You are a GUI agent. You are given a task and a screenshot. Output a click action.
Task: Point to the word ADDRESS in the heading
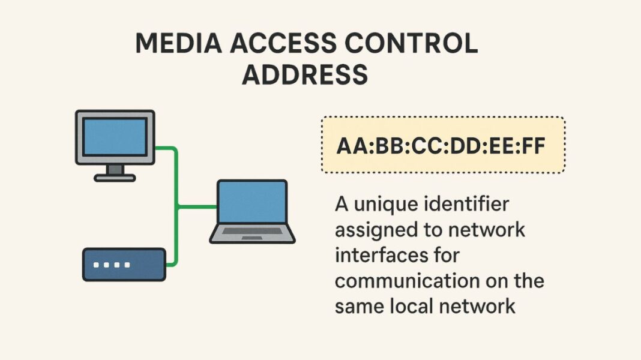(305, 75)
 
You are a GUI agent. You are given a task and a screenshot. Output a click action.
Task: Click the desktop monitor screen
(115, 136)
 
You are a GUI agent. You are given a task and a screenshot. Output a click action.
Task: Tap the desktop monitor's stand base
(115, 177)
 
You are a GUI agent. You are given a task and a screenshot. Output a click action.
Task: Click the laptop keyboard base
(252, 235)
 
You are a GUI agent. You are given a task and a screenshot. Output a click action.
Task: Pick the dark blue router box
(124, 265)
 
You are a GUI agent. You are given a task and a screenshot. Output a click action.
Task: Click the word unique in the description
(384, 205)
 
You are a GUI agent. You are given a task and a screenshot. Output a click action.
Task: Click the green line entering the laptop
(198, 207)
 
